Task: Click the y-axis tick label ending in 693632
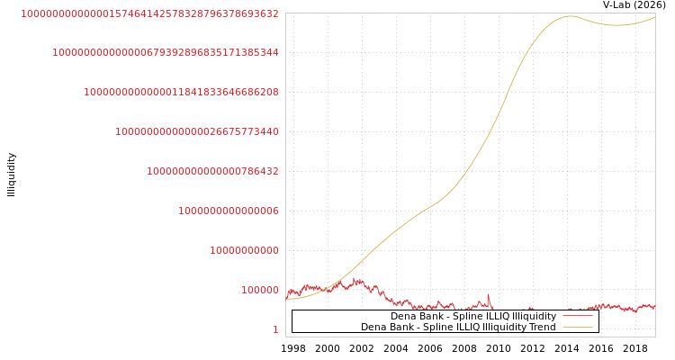point(149,13)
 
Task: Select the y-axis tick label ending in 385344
point(166,53)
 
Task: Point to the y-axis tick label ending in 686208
point(181,92)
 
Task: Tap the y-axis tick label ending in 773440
point(197,131)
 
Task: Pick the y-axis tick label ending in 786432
point(212,171)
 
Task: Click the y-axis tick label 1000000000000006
point(229,211)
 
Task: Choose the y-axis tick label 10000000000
point(244,250)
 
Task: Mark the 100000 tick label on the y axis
point(260,290)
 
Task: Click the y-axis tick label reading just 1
point(275,329)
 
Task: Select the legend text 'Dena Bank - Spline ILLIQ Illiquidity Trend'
point(458,328)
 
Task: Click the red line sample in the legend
point(577,316)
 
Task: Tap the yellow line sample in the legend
point(577,328)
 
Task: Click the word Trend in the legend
point(542,328)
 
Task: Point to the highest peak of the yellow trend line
point(570,15)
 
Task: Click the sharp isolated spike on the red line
point(489,294)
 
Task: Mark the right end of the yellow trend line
point(655,17)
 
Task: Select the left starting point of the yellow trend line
point(286,298)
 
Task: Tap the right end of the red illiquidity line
point(655,309)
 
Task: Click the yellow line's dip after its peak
point(616,25)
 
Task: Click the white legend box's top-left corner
point(292,310)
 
